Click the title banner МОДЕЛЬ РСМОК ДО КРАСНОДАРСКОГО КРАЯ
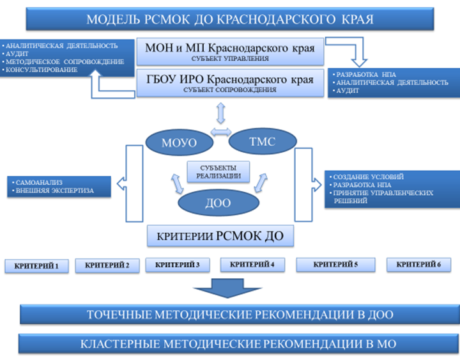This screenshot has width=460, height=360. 229,19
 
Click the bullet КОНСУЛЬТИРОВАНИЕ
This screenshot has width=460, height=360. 41,69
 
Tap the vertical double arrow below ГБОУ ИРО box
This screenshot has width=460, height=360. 221,113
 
